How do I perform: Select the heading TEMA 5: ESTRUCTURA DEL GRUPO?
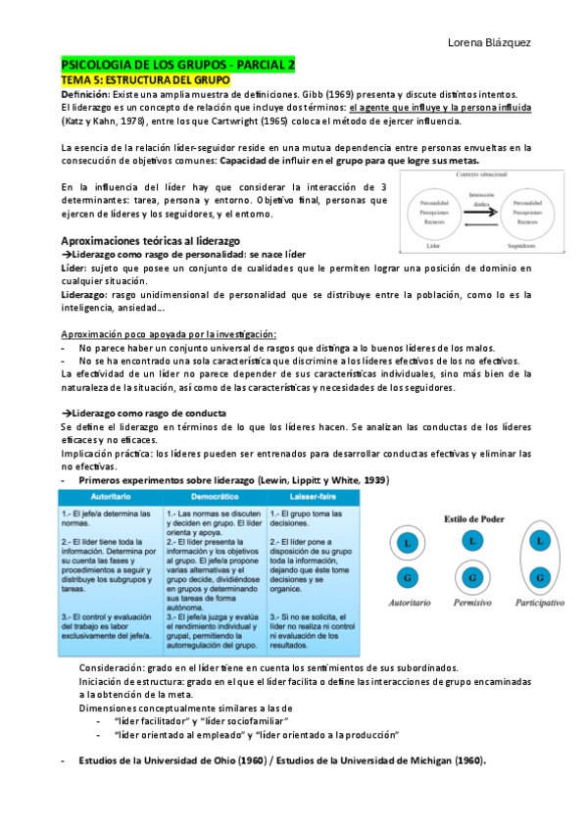point(145,78)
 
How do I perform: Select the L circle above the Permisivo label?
point(472,541)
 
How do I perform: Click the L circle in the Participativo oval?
point(538,541)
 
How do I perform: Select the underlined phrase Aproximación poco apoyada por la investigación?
point(169,334)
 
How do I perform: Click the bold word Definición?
point(85,93)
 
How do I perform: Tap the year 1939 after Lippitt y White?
point(372,480)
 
